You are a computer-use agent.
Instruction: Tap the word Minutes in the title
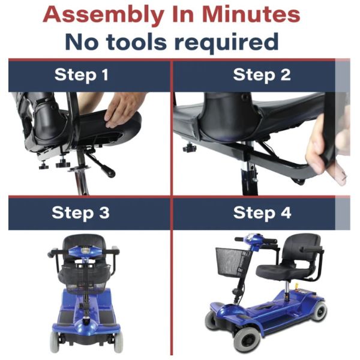tap(259, 14)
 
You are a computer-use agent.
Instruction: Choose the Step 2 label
tap(262, 75)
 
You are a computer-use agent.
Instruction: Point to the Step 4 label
tap(262, 213)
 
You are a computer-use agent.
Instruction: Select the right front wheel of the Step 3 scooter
tap(116, 340)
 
